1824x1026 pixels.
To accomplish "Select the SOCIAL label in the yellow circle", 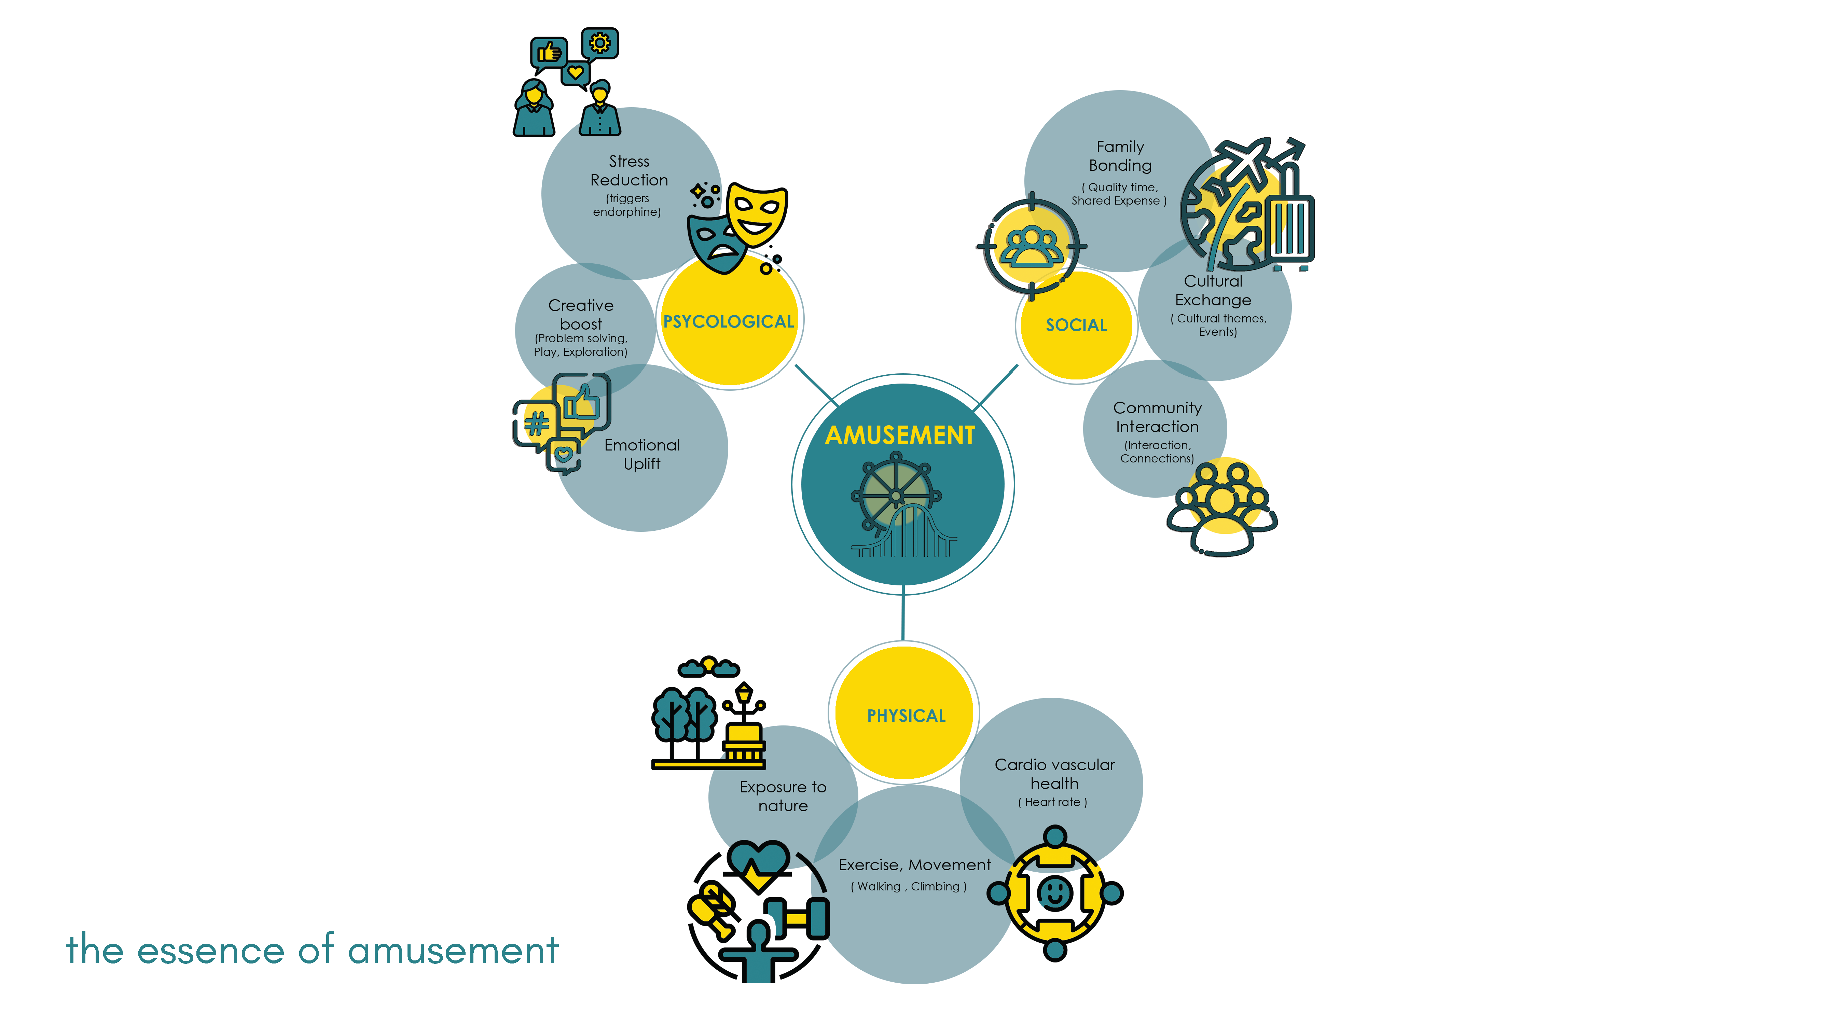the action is click(x=1076, y=325).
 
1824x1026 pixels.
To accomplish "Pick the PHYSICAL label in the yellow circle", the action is click(x=906, y=716).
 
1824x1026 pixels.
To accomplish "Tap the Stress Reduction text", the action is click(x=629, y=171).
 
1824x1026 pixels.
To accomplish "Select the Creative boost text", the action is click(x=581, y=314).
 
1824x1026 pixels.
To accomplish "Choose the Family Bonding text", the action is click(x=1120, y=156).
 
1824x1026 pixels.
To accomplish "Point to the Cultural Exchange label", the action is click(x=1213, y=290).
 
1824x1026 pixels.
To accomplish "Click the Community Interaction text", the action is click(x=1157, y=417).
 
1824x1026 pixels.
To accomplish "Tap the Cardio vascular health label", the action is click(x=1054, y=774).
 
